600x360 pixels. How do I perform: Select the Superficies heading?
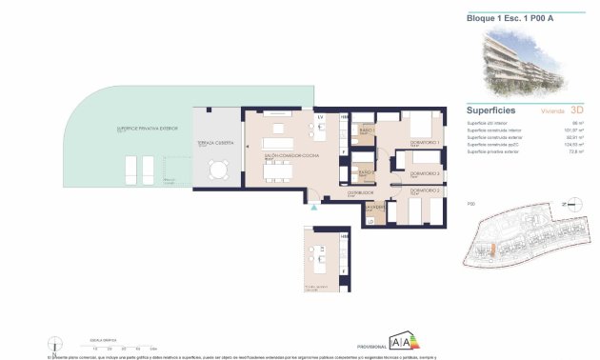click(491, 110)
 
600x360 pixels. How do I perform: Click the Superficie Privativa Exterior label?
click(147, 128)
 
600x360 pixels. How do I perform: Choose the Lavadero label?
click(375, 205)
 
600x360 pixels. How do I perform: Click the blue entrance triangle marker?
click(311, 205)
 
